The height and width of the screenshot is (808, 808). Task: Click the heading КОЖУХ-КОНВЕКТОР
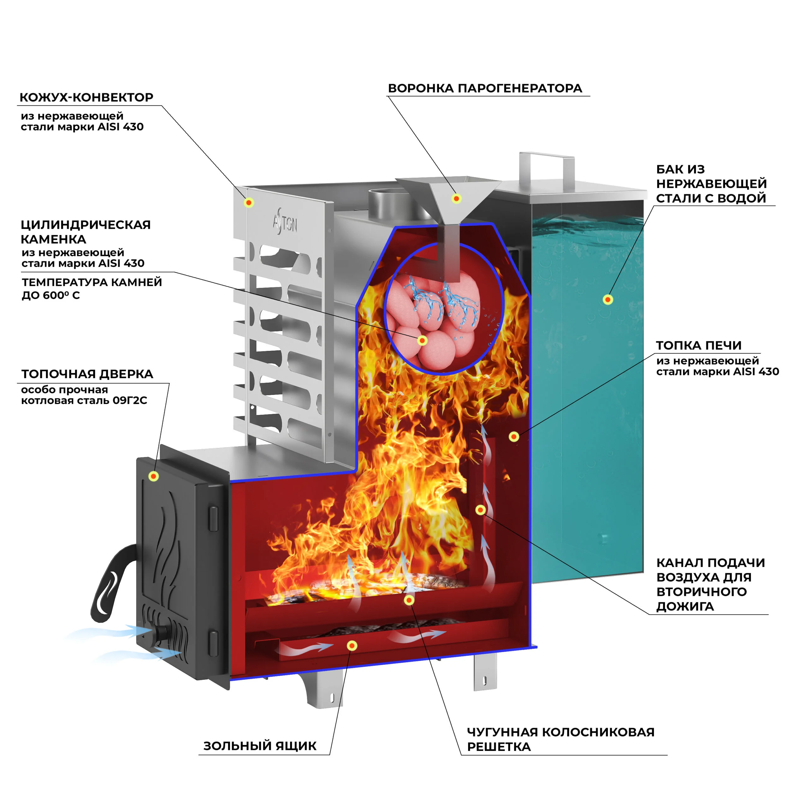click(x=86, y=98)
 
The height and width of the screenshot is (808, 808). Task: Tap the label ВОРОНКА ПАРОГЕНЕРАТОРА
click(x=485, y=88)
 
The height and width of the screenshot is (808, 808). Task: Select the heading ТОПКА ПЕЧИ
click(x=698, y=345)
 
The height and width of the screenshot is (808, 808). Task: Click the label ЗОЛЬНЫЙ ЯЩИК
click(x=260, y=746)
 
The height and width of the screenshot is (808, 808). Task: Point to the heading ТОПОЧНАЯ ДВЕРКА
click(x=87, y=374)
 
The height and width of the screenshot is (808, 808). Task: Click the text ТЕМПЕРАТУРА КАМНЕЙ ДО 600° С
click(x=92, y=288)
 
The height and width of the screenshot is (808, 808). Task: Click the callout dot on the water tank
click(x=608, y=300)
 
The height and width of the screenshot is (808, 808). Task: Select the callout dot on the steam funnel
click(x=456, y=199)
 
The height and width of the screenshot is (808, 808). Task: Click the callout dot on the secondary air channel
click(x=480, y=510)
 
